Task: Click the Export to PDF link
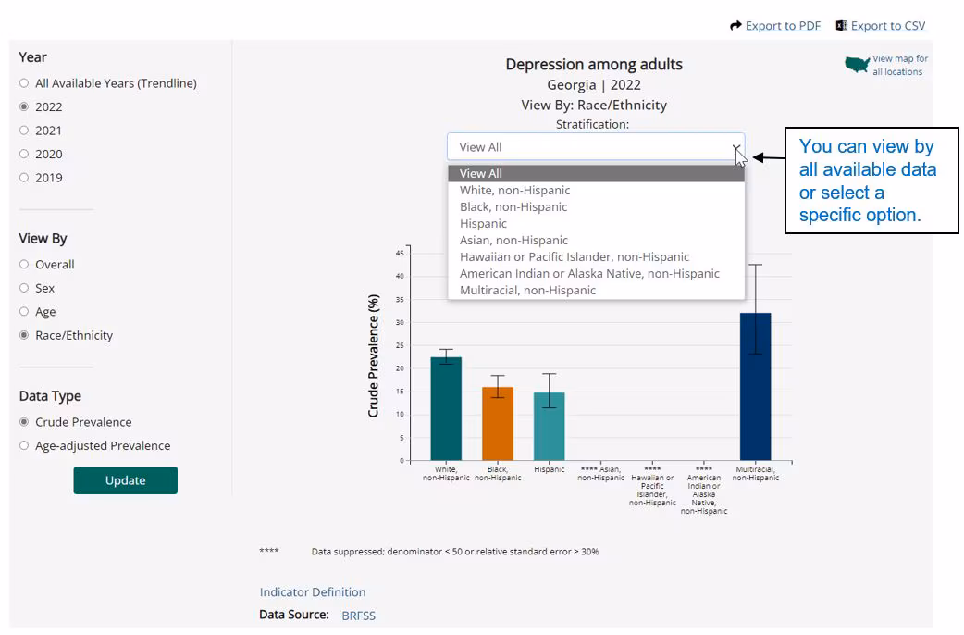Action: [782, 26]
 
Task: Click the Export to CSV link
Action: [887, 26]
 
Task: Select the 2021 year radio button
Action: [24, 131]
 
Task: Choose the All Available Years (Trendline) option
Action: [24, 83]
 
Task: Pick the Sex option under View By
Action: [24, 288]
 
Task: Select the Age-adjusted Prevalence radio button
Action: [24, 445]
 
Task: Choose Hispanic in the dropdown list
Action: [483, 223]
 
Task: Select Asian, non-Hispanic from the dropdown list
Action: [513, 240]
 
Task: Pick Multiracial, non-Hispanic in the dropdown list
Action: [527, 290]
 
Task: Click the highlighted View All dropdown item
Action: [480, 173]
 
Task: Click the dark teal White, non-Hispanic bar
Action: [446, 408]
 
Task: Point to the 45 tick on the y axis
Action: [400, 253]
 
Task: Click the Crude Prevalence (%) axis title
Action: [374, 356]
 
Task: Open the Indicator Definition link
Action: [313, 592]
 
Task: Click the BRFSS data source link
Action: [358, 616]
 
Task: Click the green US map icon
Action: [857, 65]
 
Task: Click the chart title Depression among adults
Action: [594, 65]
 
